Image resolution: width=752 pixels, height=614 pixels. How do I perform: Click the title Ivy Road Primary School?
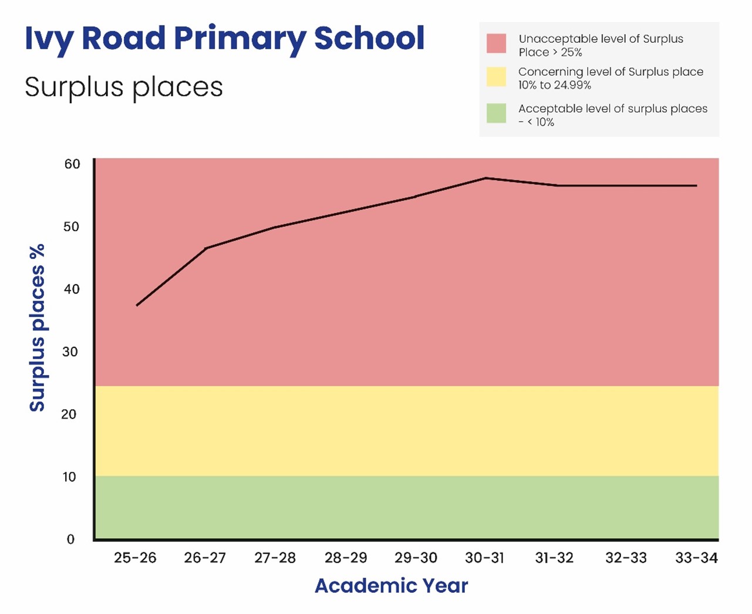224,39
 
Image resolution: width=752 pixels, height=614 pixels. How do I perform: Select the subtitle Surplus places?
124,87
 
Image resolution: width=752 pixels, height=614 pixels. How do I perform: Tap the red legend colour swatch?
496,44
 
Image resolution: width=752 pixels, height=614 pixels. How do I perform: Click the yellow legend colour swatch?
496,77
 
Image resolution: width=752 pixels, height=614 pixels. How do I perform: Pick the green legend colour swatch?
496,113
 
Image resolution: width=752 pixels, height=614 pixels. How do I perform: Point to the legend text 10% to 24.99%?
554,85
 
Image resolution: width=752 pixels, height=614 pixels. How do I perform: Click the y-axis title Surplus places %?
38,328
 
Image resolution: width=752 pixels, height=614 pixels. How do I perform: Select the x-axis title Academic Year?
391,585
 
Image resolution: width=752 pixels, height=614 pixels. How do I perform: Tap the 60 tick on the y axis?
72,164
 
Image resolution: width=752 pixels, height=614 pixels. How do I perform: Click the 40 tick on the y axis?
72,289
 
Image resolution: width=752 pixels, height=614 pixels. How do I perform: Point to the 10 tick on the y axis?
69,477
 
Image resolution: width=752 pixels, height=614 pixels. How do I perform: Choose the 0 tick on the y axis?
70,539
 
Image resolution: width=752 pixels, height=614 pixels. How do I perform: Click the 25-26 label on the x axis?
135,558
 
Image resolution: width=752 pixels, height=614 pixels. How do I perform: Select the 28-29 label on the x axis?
346,558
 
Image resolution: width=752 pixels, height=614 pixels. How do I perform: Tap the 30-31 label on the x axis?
485,558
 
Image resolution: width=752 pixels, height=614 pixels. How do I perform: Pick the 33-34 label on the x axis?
696,558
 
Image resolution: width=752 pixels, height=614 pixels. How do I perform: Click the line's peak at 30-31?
486,178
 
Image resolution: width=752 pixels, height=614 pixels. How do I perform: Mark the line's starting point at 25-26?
137,305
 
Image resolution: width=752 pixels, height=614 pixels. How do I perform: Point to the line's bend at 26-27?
206,248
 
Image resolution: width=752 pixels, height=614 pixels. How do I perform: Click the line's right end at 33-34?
696,185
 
